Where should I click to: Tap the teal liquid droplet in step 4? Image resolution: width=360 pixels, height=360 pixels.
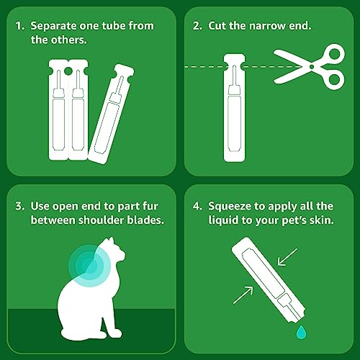[297, 330]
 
